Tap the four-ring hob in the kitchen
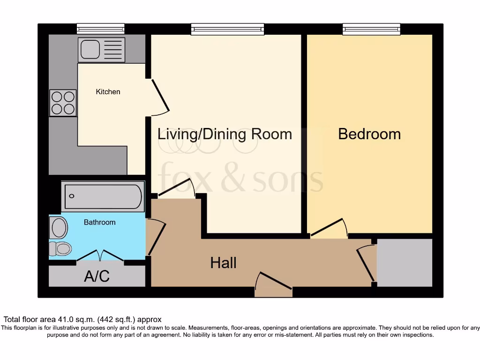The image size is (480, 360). pyautogui.click(x=63, y=103)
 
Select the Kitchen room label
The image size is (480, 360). pyautogui.click(x=108, y=92)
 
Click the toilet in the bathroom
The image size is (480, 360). pyautogui.click(x=60, y=248)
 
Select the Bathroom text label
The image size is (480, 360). pyautogui.click(x=99, y=222)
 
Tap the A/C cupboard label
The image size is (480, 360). pyautogui.click(x=97, y=277)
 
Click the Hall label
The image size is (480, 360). pyautogui.click(x=223, y=263)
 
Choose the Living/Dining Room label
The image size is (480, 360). pyautogui.click(x=225, y=135)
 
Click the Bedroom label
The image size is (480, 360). pyautogui.click(x=369, y=134)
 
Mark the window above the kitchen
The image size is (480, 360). pyautogui.click(x=101, y=29)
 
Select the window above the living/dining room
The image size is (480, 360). pyautogui.click(x=227, y=29)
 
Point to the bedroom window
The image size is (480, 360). pyautogui.click(x=371, y=29)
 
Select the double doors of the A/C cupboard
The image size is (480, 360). pyautogui.click(x=100, y=255)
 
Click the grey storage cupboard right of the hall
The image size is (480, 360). pyautogui.click(x=405, y=262)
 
